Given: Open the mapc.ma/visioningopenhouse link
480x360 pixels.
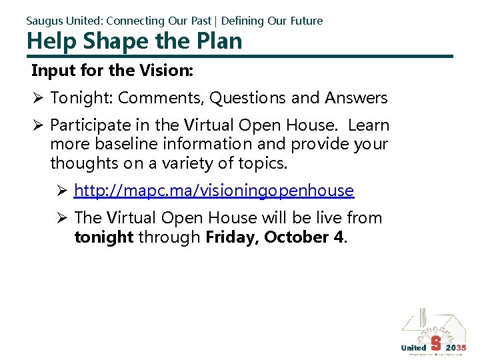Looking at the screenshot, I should click(x=214, y=191).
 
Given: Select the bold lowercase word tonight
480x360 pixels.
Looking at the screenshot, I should click(x=104, y=237).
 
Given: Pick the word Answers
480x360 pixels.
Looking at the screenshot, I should click(x=356, y=98).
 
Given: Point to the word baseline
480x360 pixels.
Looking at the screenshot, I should click(x=125, y=144).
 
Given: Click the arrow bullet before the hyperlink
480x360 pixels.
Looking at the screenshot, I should click(x=62, y=191).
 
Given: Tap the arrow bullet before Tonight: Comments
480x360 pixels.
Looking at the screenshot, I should click(x=38, y=98).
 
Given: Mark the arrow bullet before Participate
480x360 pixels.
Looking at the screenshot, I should click(x=38, y=125).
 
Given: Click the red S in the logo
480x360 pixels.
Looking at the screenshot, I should click(x=435, y=343).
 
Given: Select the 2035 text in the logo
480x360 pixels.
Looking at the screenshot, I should click(x=457, y=347).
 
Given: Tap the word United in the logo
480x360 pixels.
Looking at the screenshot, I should click(x=413, y=347).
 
